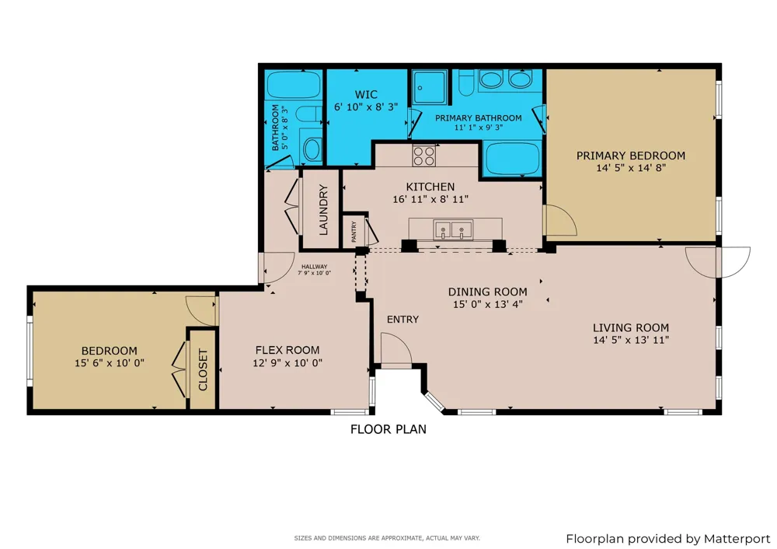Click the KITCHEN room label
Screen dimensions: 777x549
[x=430, y=187]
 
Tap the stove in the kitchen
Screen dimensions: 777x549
[x=424, y=156]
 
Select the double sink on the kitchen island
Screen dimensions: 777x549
[x=453, y=230]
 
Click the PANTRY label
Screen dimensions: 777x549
[x=354, y=232]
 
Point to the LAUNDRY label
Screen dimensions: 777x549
[x=323, y=209]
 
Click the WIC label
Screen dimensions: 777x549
[x=366, y=94]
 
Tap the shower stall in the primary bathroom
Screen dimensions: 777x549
[x=430, y=87]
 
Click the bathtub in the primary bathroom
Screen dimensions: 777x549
[x=512, y=159]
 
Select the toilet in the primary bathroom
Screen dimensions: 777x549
[x=466, y=82]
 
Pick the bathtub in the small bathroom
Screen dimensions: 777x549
[x=294, y=85]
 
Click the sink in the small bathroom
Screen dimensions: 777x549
[x=312, y=149]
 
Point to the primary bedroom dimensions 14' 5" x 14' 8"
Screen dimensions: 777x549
[x=631, y=168]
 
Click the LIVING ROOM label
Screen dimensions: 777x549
[x=631, y=328]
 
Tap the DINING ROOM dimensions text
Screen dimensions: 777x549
[x=488, y=305]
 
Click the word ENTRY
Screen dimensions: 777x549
[x=402, y=320]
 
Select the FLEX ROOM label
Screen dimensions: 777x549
[x=287, y=350]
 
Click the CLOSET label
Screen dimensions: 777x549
[x=203, y=369]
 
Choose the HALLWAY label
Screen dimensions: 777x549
[x=314, y=267]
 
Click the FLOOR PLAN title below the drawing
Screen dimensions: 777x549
[x=388, y=429]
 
